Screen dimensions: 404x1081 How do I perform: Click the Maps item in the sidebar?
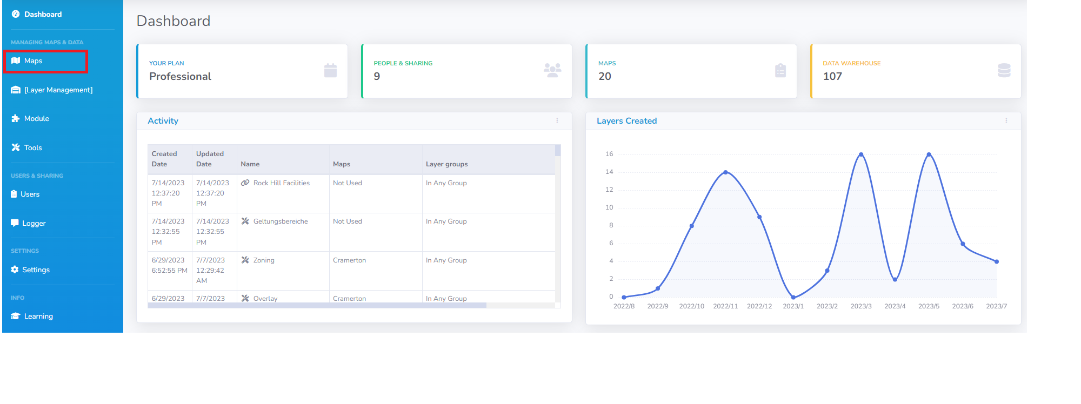pos(33,61)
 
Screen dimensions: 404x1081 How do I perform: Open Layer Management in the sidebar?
pos(58,90)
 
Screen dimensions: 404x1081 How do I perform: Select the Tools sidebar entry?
pos(32,148)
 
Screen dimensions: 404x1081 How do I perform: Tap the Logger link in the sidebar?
pos(34,224)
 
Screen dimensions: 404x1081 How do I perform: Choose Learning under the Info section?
pos(38,317)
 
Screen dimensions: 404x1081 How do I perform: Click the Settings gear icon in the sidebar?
pos(15,270)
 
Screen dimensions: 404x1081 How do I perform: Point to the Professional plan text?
pos(180,77)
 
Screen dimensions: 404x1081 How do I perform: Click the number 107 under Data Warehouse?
pos(832,77)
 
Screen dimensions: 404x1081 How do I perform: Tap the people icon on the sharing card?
pos(552,70)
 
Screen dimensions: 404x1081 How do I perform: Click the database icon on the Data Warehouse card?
pos(1004,70)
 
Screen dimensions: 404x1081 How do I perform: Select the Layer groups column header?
pos(446,164)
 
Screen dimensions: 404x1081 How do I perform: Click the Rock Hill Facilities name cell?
pos(281,183)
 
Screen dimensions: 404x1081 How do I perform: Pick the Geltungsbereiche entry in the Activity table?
pos(280,221)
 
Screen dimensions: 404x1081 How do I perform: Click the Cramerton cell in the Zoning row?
pos(349,260)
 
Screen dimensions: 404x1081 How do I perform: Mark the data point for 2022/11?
pos(725,172)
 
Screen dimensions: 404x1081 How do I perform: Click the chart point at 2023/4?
pos(895,279)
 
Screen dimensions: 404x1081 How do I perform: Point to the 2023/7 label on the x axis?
pos(996,306)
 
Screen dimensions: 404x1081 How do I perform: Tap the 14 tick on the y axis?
pos(609,172)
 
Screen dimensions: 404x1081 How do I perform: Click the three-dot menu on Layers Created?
pos(1006,121)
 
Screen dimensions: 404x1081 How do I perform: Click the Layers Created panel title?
pos(626,121)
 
